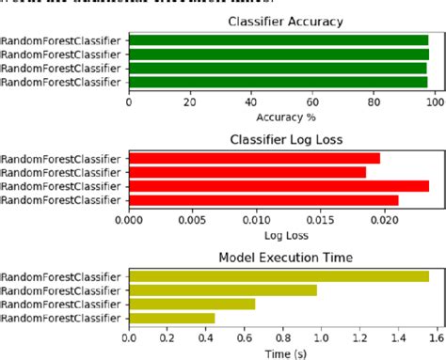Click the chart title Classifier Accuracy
284,21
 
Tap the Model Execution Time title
284,258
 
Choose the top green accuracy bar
279,40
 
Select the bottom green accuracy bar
279,83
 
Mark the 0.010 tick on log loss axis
257,222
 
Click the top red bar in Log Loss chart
254,158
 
